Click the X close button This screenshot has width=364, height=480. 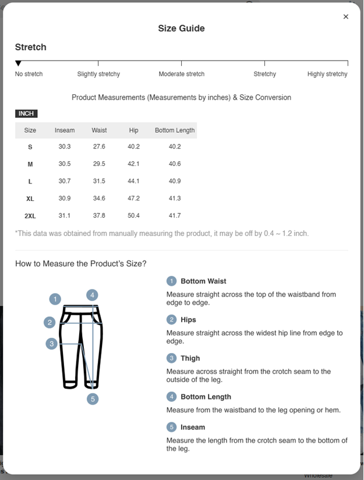pyautogui.click(x=346, y=17)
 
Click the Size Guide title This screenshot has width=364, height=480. pyautogui.click(x=181, y=29)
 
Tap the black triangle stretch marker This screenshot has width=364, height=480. pyautogui.click(x=18, y=63)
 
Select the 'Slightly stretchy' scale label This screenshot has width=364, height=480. pyautogui.click(x=98, y=74)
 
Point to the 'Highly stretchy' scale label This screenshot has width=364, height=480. pyautogui.click(x=327, y=74)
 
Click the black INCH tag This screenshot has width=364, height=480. pyautogui.click(x=26, y=114)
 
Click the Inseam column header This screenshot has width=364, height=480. pyautogui.click(x=65, y=130)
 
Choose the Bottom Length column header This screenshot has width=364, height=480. pyautogui.click(x=175, y=130)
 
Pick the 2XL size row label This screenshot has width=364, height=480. pyautogui.click(x=30, y=216)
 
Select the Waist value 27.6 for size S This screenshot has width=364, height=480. pyautogui.click(x=99, y=147)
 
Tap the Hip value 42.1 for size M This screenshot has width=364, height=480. pyautogui.click(x=134, y=164)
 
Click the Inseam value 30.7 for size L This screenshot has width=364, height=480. pyautogui.click(x=65, y=181)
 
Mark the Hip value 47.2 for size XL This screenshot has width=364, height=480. pyautogui.click(x=134, y=199)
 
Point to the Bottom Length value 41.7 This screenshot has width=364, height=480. pyautogui.click(x=175, y=216)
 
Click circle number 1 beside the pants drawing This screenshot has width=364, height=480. pyautogui.click(x=55, y=299)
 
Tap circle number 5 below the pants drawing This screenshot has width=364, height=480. pyautogui.click(x=93, y=399)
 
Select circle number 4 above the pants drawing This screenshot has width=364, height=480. pyautogui.click(x=93, y=295)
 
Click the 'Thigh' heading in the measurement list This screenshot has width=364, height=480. pyautogui.click(x=190, y=358)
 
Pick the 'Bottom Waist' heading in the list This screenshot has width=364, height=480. pyautogui.click(x=203, y=281)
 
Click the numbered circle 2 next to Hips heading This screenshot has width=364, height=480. pyautogui.click(x=171, y=320)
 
